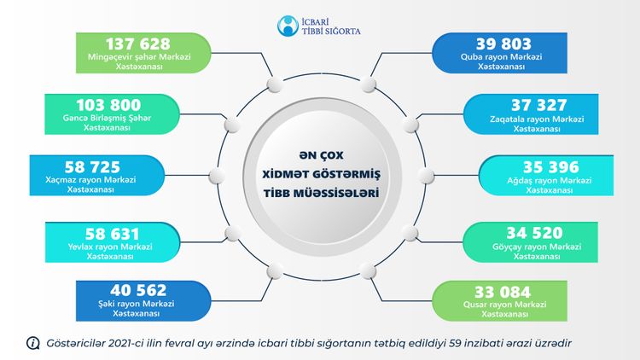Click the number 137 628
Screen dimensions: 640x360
[x=138, y=44]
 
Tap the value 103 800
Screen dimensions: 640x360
[x=108, y=105]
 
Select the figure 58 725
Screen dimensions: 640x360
[x=93, y=167]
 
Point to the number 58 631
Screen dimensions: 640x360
[x=113, y=234]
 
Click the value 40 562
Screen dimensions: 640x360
[x=138, y=290]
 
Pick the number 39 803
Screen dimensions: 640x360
[x=503, y=44]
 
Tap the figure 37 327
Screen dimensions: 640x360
[x=539, y=105]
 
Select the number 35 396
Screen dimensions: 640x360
[x=551, y=167]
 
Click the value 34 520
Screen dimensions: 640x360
[x=535, y=233]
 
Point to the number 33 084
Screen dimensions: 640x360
[x=503, y=292]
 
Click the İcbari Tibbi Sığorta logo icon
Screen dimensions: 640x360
[x=288, y=26]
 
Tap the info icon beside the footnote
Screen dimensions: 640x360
[x=32, y=343]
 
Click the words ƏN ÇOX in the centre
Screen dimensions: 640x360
[x=321, y=155]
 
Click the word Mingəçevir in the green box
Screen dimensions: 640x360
[x=108, y=57]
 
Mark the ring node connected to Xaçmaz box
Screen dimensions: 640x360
[x=217, y=176]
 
